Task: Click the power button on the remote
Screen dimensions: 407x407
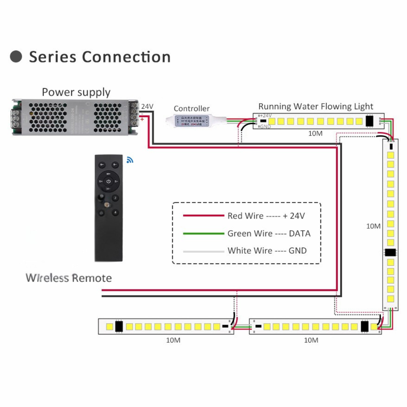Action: (108, 181)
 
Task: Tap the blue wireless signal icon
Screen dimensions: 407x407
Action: (130, 160)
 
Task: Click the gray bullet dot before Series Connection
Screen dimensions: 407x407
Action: (16, 57)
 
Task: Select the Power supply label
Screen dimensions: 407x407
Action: (76, 92)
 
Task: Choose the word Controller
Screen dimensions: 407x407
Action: (191, 109)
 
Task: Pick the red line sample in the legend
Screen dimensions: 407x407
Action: (203, 216)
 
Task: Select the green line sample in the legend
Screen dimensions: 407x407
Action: (203, 234)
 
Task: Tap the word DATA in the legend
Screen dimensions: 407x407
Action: (300, 234)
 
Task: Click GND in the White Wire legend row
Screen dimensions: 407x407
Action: (298, 251)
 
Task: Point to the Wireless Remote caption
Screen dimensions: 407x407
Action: (69, 278)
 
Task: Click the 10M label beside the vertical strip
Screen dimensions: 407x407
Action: (373, 226)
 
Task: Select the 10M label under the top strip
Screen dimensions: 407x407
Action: (315, 133)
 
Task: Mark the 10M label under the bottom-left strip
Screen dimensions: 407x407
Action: (173, 340)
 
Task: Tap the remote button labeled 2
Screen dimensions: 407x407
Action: (116, 198)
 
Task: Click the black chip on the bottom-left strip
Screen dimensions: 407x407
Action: (119, 326)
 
